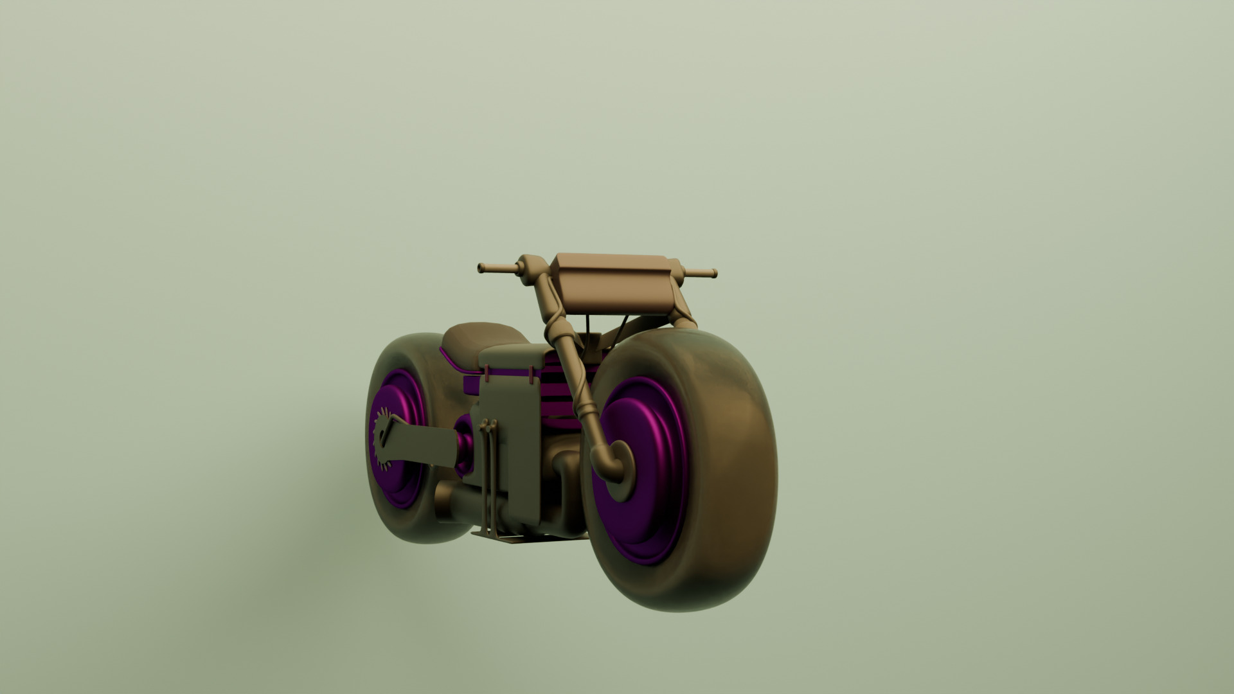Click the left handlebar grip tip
481,267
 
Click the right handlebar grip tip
713,274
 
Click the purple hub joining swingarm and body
465,437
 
